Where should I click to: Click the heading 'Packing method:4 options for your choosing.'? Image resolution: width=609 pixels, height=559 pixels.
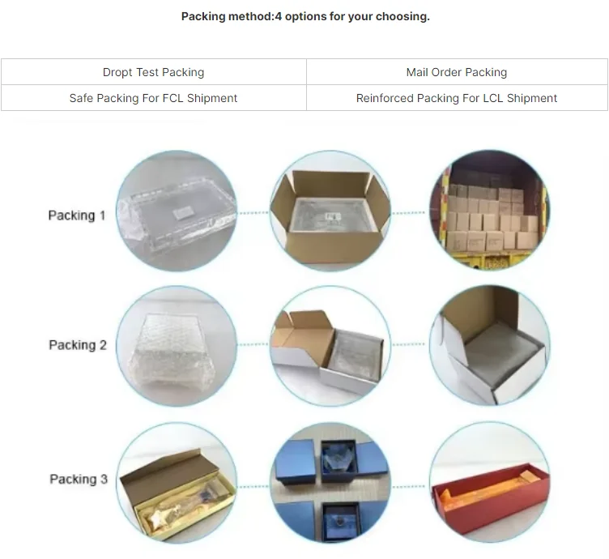tap(305, 16)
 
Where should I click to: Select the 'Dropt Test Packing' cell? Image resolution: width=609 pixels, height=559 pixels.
tap(153, 72)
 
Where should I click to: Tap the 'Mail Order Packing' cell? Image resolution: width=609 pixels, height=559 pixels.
tap(457, 72)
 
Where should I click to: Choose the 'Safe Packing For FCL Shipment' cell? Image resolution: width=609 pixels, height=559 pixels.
tap(153, 98)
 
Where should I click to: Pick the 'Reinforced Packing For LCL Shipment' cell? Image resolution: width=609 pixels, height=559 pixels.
tap(457, 98)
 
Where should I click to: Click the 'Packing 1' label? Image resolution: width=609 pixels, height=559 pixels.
tap(77, 215)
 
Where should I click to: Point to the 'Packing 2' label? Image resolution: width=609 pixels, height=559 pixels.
tap(78, 345)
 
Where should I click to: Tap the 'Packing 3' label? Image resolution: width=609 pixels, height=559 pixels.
tap(79, 479)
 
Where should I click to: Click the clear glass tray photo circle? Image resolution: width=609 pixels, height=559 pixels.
tap(177, 211)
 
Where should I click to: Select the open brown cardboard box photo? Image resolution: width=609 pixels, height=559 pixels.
tap(330, 211)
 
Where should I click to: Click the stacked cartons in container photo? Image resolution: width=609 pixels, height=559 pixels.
tap(488, 211)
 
